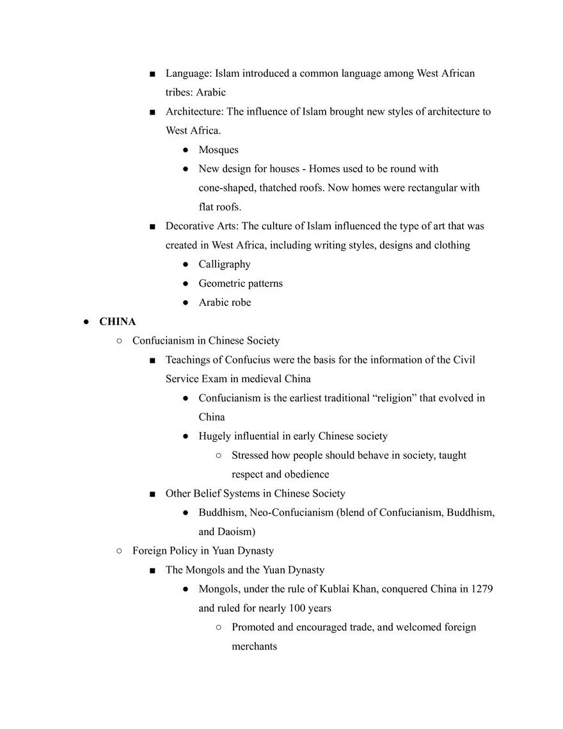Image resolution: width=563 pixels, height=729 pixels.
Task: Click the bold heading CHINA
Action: tap(117, 322)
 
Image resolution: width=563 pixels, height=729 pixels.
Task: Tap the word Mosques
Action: tap(218, 150)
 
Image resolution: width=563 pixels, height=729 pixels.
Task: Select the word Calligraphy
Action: tap(224, 264)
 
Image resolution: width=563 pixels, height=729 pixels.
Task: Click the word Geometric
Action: tap(222, 284)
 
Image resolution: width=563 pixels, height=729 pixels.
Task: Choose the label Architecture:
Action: tap(194, 111)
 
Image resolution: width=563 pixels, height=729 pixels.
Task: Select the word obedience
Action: tap(306, 474)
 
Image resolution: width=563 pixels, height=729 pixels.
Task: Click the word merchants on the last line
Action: tap(254, 646)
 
